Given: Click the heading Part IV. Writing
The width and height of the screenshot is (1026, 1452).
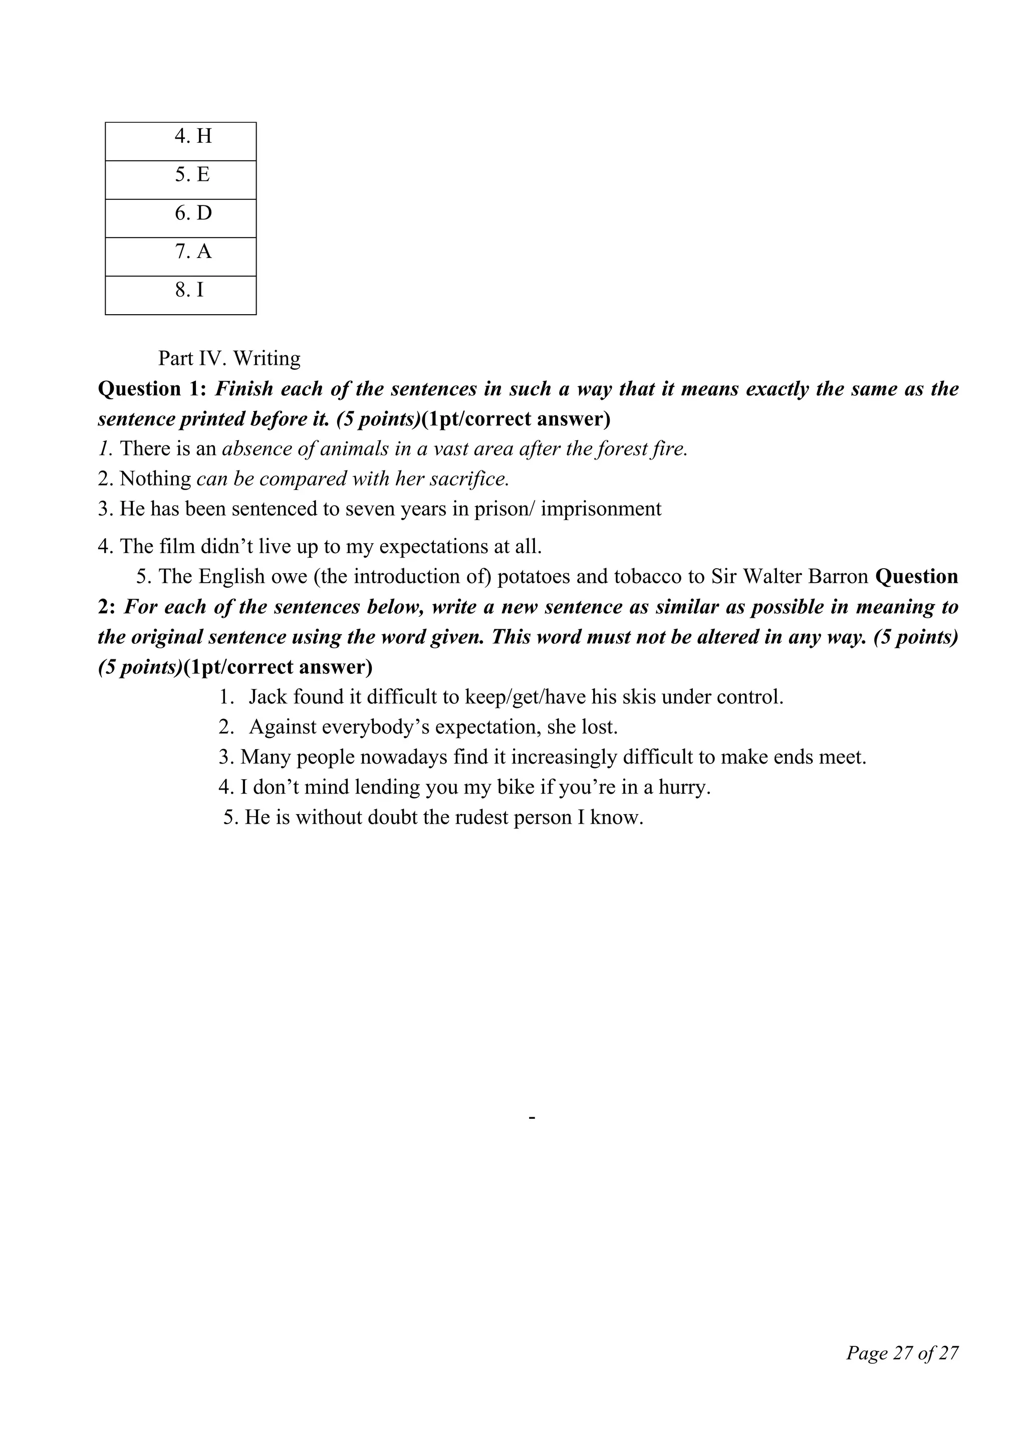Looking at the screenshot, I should coord(229,359).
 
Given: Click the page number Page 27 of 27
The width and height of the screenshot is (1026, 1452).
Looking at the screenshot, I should coord(902,1353).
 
